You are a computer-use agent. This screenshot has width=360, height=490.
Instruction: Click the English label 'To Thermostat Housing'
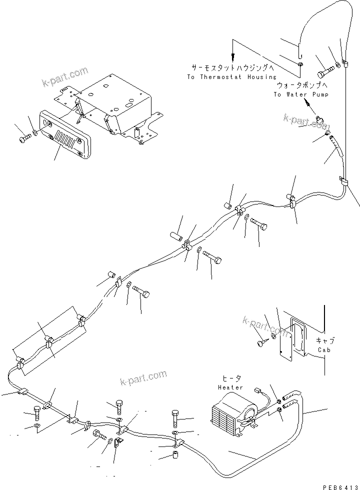click(x=231, y=77)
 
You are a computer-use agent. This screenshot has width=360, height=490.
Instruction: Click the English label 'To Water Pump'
click(x=300, y=94)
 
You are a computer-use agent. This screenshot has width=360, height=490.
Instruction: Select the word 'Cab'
click(x=325, y=349)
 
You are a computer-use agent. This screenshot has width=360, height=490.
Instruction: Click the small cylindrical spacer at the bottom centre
click(x=176, y=456)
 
